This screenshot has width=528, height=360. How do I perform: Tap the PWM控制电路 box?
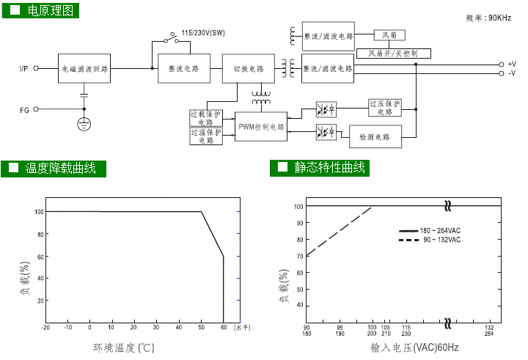pos(261,127)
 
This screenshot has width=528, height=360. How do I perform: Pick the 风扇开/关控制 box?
pos(394,53)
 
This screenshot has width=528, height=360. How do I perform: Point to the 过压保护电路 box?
pos(385,109)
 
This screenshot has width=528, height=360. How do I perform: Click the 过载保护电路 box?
pos(206,118)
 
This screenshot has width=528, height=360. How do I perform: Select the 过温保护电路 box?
pos(206,136)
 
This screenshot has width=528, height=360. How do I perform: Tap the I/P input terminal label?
pos(24,69)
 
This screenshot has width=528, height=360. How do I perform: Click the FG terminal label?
pos(24,110)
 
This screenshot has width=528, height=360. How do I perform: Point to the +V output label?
pos(511,65)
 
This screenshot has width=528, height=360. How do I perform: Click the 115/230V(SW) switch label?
pos(202,33)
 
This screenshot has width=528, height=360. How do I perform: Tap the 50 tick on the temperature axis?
pos(201,328)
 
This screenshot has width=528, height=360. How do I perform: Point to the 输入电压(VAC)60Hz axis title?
pos(414,347)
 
